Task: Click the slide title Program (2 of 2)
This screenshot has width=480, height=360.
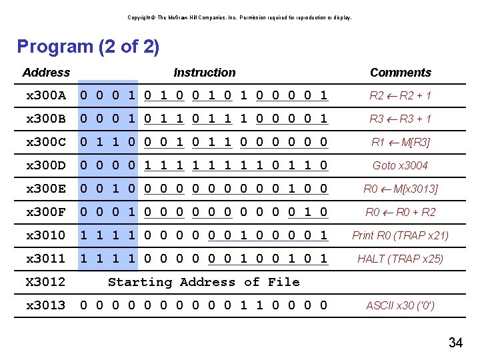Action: click(88, 47)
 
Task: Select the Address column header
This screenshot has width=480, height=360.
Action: click(46, 73)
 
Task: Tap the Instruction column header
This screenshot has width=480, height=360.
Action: click(204, 73)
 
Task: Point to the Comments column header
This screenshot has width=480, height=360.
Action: click(400, 73)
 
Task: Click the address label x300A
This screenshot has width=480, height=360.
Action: click(45, 95)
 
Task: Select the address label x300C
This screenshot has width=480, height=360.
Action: click(45, 142)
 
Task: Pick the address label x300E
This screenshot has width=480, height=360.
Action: click(45, 189)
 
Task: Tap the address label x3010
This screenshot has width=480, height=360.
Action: click(45, 235)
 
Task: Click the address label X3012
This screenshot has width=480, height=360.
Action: click(45, 282)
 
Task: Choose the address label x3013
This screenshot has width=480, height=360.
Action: click(45, 305)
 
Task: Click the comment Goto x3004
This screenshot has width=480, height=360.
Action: click(400, 165)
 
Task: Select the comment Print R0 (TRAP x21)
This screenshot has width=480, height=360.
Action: click(400, 235)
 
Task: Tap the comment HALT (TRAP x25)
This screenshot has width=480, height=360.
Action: click(400, 259)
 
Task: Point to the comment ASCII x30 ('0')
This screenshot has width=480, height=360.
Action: click(400, 306)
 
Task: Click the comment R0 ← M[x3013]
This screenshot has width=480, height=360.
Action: click(400, 189)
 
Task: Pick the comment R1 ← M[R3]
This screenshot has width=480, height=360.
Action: click(400, 142)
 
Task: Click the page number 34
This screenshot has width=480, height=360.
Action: click(455, 343)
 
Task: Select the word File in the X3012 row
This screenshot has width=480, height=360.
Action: click(283, 282)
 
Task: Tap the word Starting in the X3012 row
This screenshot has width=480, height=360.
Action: click(140, 282)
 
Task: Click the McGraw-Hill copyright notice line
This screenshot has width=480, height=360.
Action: click(239, 17)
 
